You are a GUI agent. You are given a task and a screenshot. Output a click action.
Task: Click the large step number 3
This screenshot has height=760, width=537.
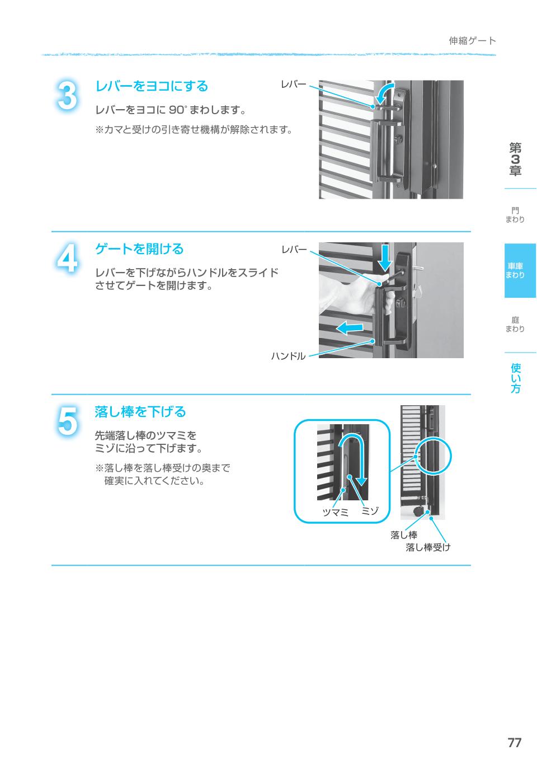(x=68, y=96)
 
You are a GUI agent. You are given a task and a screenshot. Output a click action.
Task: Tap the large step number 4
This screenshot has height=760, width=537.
(x=67, y=259)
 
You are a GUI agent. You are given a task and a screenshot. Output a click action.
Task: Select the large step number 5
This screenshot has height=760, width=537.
(x=67, y=421)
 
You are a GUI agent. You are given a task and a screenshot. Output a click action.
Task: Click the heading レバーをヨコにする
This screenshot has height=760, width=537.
(x=152, y=86)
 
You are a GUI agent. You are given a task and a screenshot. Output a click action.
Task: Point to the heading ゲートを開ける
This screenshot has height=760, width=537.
(x=139, y=248)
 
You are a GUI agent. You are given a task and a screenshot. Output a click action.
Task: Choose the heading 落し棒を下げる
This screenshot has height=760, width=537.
(x=140, y=411)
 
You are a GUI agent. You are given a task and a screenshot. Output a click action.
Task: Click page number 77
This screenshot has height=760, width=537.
(x=514, y=743)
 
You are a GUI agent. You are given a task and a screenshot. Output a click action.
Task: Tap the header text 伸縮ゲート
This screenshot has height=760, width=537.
(x=472, y=41)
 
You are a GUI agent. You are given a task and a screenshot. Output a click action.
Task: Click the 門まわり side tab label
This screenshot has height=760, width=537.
(x=515, y=215)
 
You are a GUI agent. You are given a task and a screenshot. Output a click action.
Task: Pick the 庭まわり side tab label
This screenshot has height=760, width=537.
(x=515, y=325)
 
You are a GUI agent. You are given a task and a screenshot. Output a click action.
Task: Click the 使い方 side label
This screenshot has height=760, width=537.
(x=516, y=378)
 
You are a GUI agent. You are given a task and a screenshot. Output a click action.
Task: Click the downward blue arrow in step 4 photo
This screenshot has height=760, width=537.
(x=385, y=257)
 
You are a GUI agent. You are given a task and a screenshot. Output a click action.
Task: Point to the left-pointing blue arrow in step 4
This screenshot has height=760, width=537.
(x=350, y=328)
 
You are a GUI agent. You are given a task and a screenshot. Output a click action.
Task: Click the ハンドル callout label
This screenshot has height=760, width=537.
(x=289, y=356)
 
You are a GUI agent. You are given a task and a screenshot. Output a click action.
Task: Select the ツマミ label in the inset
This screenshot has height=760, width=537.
(x=335, y=512)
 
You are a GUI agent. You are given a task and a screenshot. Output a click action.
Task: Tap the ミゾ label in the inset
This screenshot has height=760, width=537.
(x=370, y=510)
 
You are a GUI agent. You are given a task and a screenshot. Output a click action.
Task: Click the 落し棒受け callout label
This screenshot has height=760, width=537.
(x=428, y=547)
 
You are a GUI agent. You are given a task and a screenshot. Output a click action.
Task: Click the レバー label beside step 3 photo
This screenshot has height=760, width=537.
(x=294, y=84)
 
